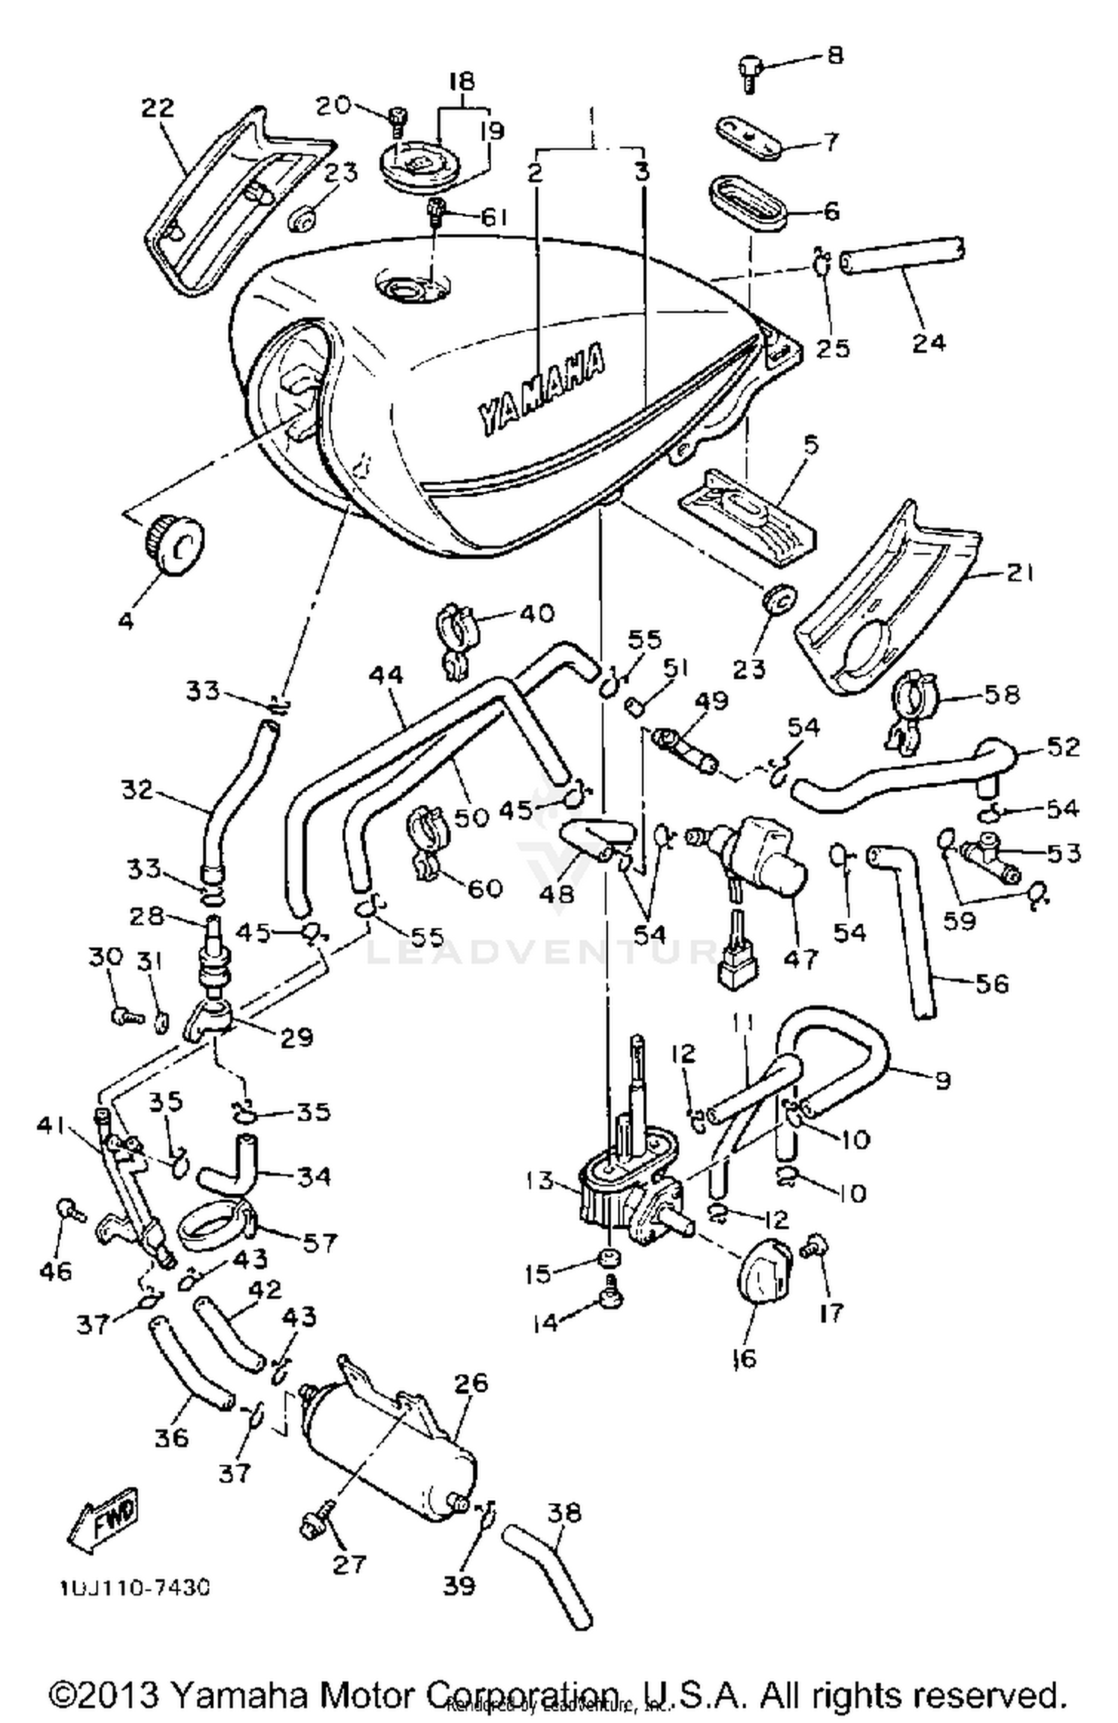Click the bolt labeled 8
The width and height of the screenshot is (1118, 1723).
(748, 74)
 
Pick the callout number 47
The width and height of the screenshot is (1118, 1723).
(800, 958)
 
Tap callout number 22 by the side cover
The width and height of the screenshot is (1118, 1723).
(158, 108)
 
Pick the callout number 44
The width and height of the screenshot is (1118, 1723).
(385, 675)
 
